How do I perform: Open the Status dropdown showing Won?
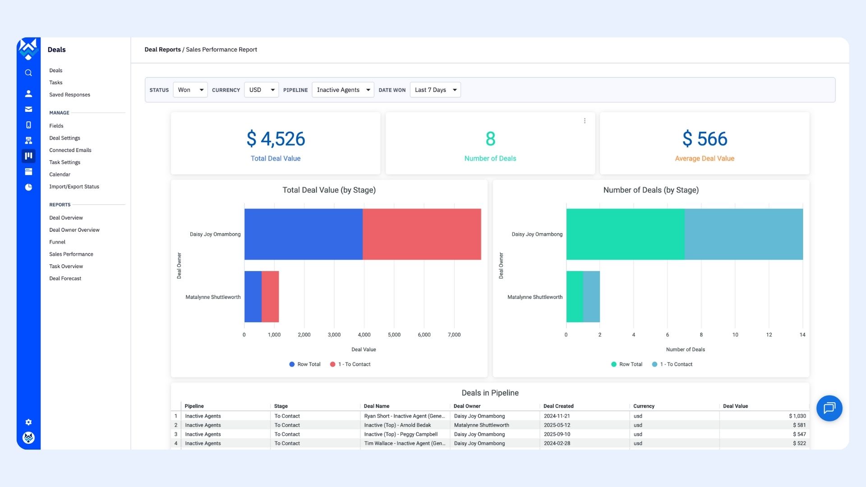coord(190,90)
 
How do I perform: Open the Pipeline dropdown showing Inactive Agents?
coord(343,90)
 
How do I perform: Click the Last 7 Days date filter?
coord(435,90)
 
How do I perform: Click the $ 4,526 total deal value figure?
coord(276,139)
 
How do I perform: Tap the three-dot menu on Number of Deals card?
coord(585,121)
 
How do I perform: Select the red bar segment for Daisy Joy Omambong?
coord(422,234)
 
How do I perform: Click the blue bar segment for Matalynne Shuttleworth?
coord(253,296)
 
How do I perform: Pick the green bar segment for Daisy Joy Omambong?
coord(625,234)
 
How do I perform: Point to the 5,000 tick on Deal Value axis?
coord(394,335)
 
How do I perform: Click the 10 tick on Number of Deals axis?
coord(735,335)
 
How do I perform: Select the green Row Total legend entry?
coord(626,364)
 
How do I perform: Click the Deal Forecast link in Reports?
coord(65,279)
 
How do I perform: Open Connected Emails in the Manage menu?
coord(70,150)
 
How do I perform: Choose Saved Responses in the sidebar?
coord(69,95)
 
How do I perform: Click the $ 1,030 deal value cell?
coord(797,416)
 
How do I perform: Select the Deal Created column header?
coord(558,406)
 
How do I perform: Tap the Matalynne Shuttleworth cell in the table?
coord(481,425)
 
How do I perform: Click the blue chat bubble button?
coord(829,408)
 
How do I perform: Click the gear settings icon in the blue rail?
coord(28,422)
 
